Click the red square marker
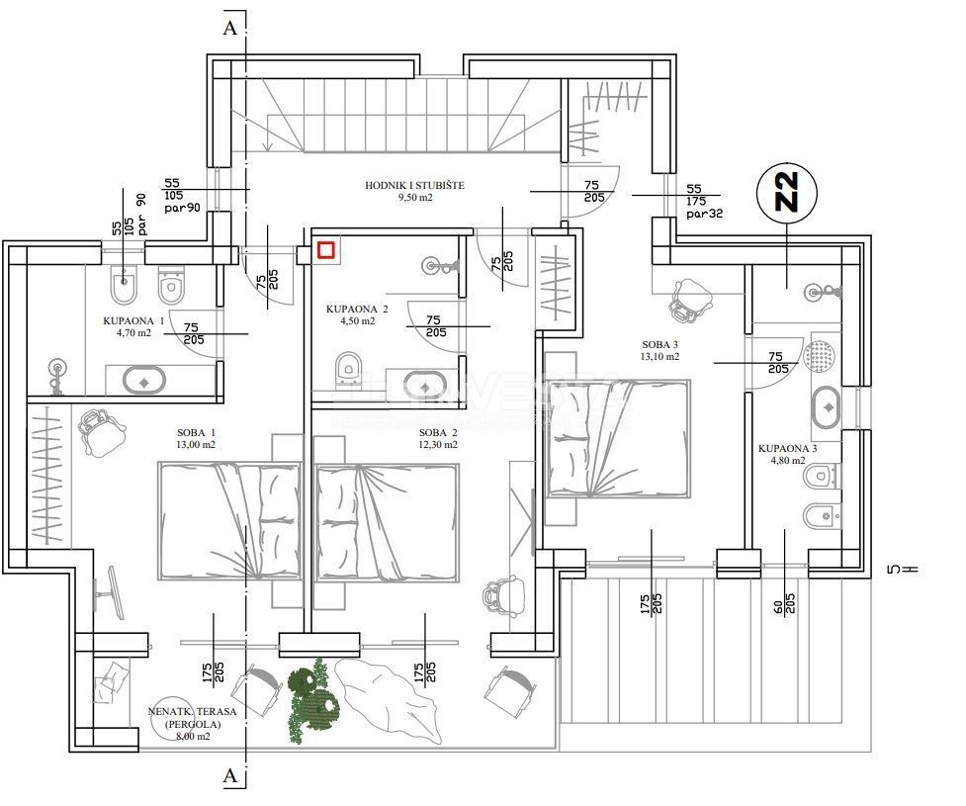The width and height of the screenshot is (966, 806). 326,250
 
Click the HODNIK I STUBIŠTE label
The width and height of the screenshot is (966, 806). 414,191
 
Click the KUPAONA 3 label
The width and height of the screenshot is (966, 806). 787,453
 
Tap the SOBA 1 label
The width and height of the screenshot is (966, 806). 196,438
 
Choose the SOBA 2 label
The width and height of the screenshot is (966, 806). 438,438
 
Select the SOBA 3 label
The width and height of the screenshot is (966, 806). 660,350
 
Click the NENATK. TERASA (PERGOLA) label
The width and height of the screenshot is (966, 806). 184,723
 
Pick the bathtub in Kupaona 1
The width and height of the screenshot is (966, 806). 145,379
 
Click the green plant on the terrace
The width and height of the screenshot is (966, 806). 314,696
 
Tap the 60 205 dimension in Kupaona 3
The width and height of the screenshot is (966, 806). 783,602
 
